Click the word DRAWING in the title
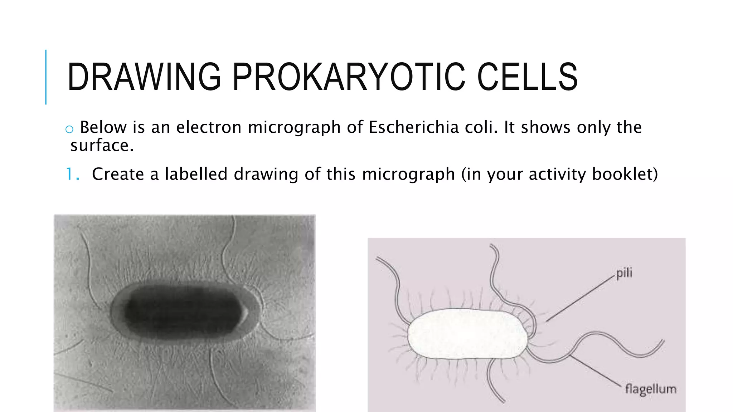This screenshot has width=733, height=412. click(144, 77)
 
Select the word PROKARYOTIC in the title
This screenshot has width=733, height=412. click(349, 77)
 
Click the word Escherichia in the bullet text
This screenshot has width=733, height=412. click(413, 127)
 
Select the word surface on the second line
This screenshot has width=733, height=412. click(101, 146)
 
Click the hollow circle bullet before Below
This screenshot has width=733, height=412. click(69, 129)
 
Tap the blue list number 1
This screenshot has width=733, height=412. click(71, 175)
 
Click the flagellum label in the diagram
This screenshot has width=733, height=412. click(650, 389)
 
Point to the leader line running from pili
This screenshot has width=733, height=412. click(580, 299)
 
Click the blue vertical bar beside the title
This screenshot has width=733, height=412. click(46, 77)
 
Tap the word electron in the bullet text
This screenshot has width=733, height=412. click(209, 127)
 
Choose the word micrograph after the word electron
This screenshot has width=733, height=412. click(294, 127)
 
